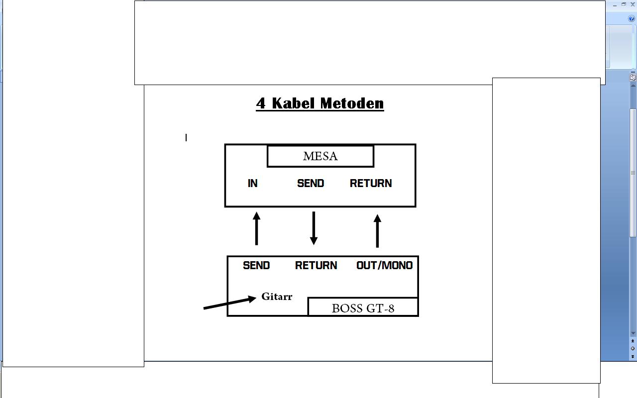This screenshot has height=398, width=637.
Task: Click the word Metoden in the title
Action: coord(352,103)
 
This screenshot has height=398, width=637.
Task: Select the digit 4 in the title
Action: coord(261,103)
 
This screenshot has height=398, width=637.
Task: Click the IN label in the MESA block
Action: coord(252,184)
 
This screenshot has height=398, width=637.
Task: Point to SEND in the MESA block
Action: coord(311,184)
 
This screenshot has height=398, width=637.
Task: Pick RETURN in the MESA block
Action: coord(371,184)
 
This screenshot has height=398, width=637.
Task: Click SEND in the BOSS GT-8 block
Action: coord(256,265)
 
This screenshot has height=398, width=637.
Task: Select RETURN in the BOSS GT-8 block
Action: coord(316,265)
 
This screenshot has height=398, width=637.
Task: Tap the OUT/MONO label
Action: coord(385,265)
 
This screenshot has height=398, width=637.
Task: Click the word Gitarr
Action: coord(277,297)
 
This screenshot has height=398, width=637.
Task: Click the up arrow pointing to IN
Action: coord(256,228)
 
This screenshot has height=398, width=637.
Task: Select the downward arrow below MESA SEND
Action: coord(314,228)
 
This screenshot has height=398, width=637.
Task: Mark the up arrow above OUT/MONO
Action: coord(377,231)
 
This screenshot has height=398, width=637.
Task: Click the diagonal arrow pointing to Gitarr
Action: coord(230,302)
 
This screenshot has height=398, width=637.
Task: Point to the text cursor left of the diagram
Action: coord(186,138)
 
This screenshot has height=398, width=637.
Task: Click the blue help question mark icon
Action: coord(631,18)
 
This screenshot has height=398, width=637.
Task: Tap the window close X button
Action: coord(633,4)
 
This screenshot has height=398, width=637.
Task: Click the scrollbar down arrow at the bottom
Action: coord(633,333)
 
